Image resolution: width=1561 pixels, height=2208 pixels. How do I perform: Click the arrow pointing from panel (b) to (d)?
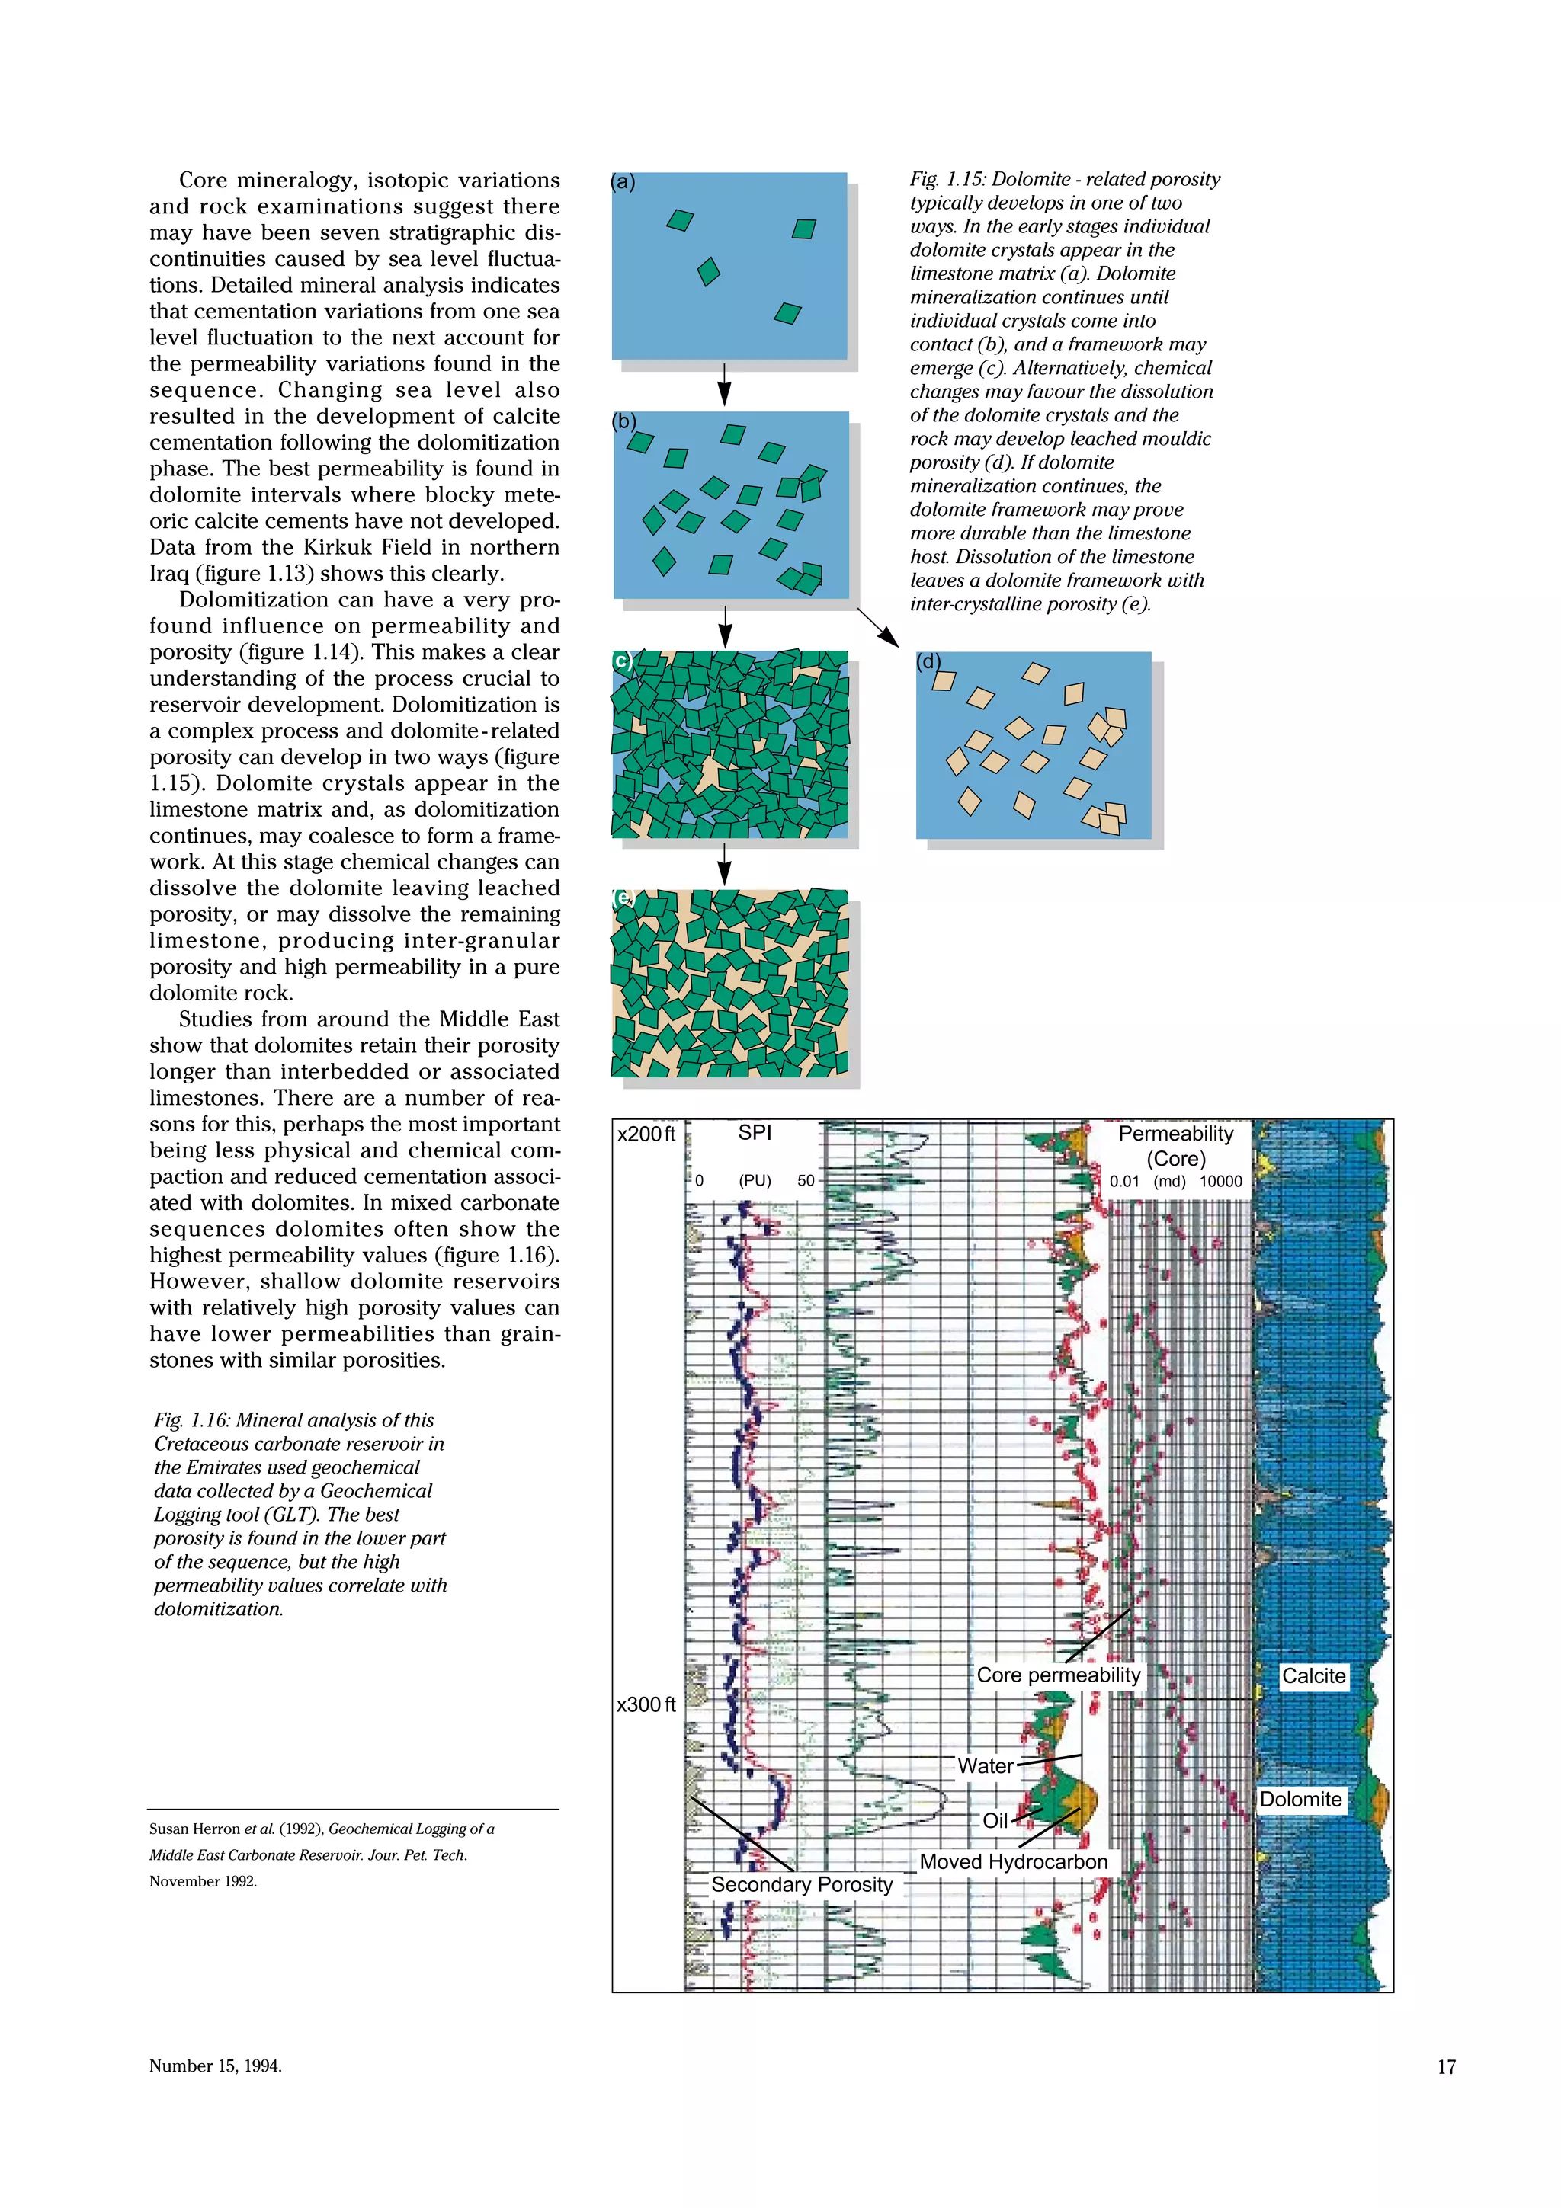[877, 627]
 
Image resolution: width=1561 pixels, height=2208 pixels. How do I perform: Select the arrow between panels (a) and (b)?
[724, 385]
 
